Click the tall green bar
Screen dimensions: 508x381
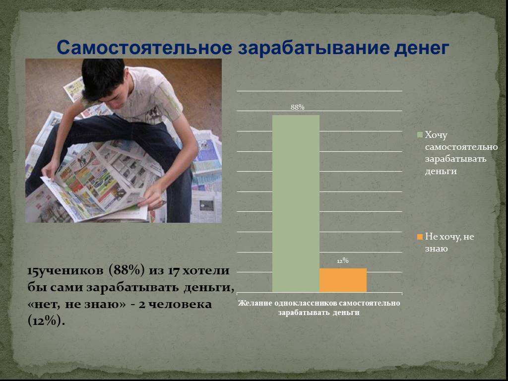click(x=296, y=203)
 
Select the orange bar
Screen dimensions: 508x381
click(x=343, y=280)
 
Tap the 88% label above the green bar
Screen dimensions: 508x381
click(x=298, y=107)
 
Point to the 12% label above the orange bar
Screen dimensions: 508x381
click(x=343, y=260)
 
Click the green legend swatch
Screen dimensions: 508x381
click(x=420, y=135)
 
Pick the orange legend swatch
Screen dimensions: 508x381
click(x=420, y=237)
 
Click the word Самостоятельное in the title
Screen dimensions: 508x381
click(x=144, y=47)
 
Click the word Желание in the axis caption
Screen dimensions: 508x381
click(x=255, y=303)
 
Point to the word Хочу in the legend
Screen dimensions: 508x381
click(x=436, y=135)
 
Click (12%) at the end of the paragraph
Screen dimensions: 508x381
click(x=46, y=321)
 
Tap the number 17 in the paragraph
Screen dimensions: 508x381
click(x=173, y=270)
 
